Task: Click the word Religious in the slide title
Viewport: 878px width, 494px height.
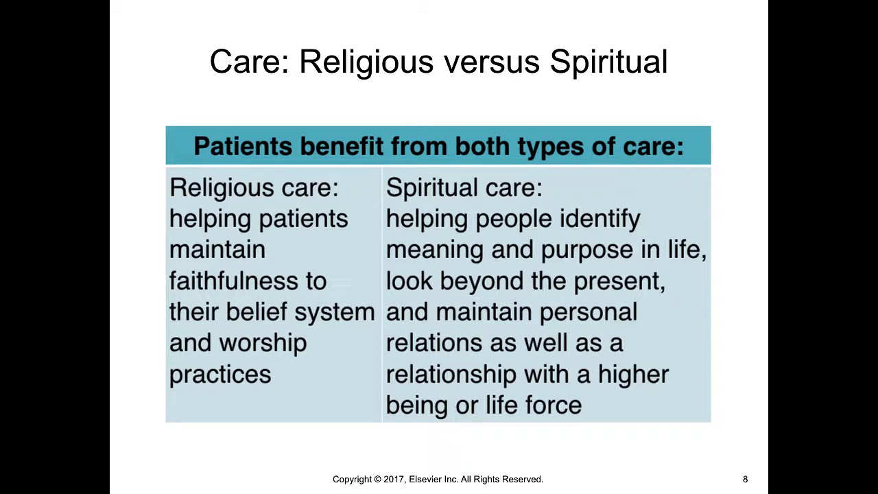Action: tap(366, 62)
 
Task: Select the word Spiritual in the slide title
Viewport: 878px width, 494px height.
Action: tap(608, 62)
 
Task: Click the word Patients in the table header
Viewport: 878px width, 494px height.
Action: tap(243, 146)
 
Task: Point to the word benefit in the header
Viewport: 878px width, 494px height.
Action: tap(342, 146)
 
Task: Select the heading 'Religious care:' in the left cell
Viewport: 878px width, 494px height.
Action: tap(254, 188)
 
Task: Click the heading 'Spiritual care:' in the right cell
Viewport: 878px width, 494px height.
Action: tap(464, 188)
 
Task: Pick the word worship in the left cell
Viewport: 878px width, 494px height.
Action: tap(263, 343)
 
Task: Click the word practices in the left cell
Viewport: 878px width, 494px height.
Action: tap(220, 375)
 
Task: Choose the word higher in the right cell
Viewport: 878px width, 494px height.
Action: tap(633, 375)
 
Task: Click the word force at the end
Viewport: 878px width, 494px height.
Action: tap(554, 405)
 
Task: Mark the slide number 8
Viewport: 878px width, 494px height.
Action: tap(745, 480)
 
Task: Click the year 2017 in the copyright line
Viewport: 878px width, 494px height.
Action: tap(394, 480)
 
